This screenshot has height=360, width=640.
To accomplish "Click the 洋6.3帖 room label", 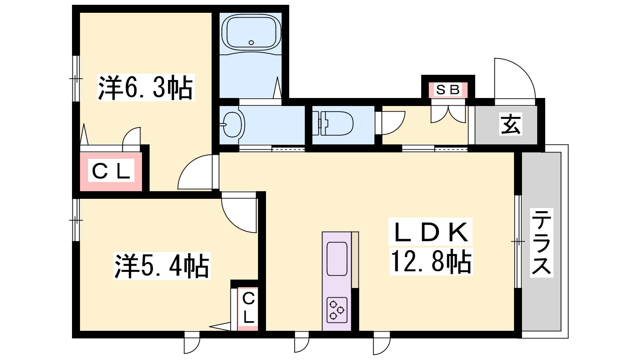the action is tap(146, 88).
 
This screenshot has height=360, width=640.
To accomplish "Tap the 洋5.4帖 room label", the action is tap(162, 266).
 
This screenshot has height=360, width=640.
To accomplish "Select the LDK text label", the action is tap(430, 232).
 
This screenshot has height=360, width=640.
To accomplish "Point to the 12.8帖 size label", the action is tap(431, 262).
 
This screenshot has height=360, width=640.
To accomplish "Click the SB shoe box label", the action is tap(448, 90).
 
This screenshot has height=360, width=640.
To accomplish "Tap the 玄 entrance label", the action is tap(511, 124).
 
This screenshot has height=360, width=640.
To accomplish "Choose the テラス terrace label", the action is tap(542, 242).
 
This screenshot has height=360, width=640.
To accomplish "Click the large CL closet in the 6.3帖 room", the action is tap(111, 172).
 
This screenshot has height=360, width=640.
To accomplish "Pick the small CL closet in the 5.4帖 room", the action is tap(248, 309).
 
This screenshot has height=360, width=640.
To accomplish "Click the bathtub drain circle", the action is tap(251, 42).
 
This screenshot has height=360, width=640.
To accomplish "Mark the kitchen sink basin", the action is tap(337, 259).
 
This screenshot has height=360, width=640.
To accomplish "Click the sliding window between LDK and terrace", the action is tap(518, 242).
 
